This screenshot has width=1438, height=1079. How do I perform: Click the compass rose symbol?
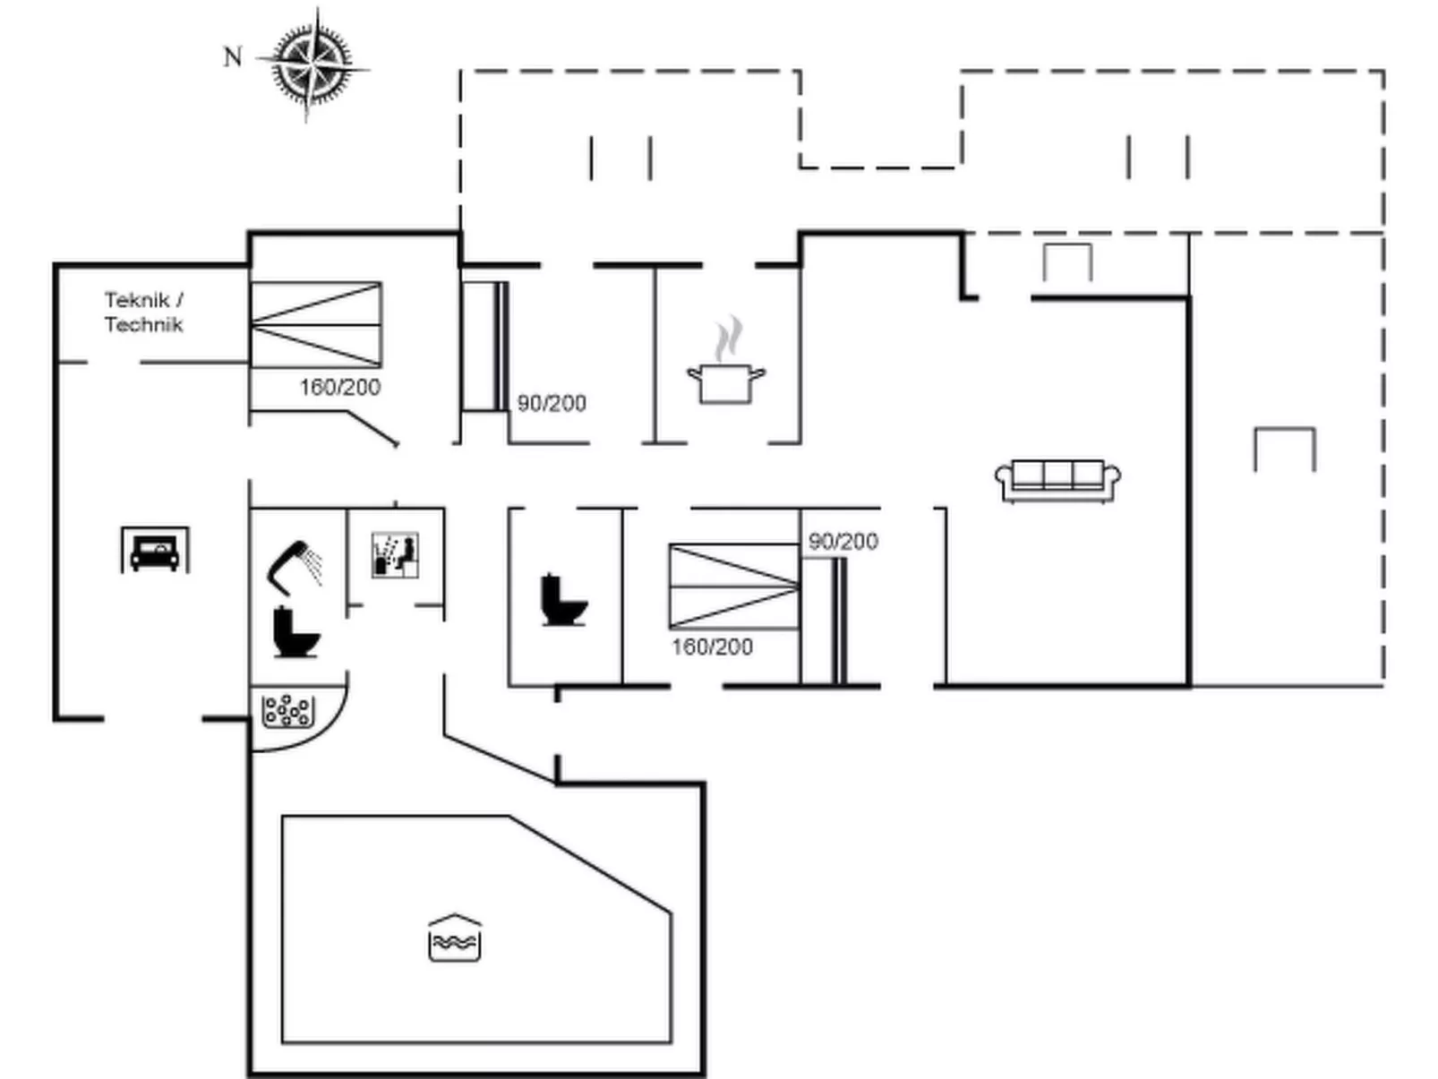[312, 64]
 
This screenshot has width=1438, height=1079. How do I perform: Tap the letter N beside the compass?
[233, 57]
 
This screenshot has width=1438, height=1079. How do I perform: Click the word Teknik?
[137, 300]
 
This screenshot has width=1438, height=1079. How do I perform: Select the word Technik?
[143, 324]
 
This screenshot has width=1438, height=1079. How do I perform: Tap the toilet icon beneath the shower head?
[295, 632]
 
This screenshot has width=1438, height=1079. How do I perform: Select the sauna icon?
[395, 555]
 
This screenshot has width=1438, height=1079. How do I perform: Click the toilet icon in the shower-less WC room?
[563, 600]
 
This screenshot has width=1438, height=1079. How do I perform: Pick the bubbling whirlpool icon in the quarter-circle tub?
[287, 711]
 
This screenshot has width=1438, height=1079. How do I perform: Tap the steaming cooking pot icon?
[726, 363]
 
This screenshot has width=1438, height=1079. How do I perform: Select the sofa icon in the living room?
[1057, 480]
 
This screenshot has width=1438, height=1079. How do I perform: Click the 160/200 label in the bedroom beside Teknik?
[340, 387]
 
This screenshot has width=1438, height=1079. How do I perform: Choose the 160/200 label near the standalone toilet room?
[713, 647]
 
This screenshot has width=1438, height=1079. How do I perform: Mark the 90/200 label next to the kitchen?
[552, 403]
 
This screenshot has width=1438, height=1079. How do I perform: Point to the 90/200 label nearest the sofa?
[843, 541]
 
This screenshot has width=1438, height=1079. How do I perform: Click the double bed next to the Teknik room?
[316, 324]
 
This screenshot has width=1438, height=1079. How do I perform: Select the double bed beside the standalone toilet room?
[733, 586]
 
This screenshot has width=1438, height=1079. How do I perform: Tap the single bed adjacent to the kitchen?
[484, 347]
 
